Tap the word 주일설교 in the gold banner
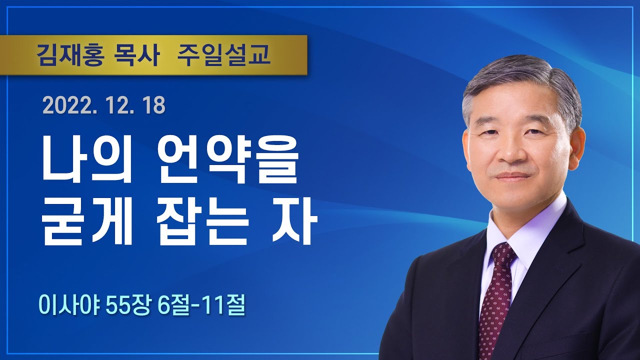coord(223,55)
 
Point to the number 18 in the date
coord(154,106)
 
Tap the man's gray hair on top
coord(520,75)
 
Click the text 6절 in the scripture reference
coord(173,305)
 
